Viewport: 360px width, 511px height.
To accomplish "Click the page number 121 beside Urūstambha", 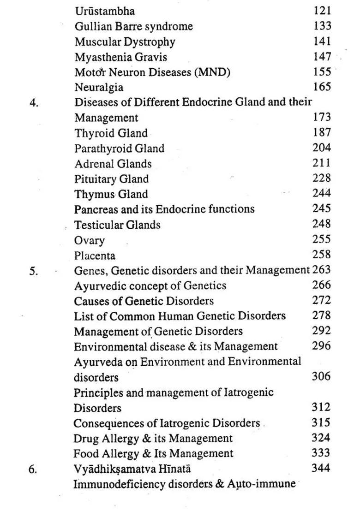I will (322, 11).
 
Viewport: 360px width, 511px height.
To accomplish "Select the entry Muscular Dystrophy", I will (125, 42).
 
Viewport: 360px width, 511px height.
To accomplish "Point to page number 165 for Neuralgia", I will (322, 87).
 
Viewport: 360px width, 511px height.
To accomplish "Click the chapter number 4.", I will (34, 102).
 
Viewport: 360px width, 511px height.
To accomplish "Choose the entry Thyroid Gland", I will (111, 133).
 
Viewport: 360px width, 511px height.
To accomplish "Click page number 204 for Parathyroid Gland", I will (321, 148).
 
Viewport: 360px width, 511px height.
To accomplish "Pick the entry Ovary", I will (90, 240).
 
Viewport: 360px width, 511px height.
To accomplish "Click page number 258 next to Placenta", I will (321, 255).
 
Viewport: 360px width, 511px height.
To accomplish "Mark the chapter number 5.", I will (34, 271).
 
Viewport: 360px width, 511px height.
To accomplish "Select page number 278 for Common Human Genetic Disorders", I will (321, 315).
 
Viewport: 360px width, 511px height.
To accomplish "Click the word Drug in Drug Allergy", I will (84, 438).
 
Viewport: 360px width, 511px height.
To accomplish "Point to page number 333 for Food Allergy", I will (321, 453).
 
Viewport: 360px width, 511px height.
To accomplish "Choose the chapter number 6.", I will (34, 469).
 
